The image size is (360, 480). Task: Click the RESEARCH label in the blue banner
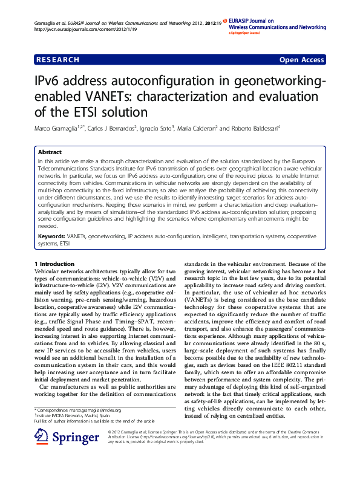point(58,60)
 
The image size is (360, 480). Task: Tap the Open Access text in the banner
point(301,60)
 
